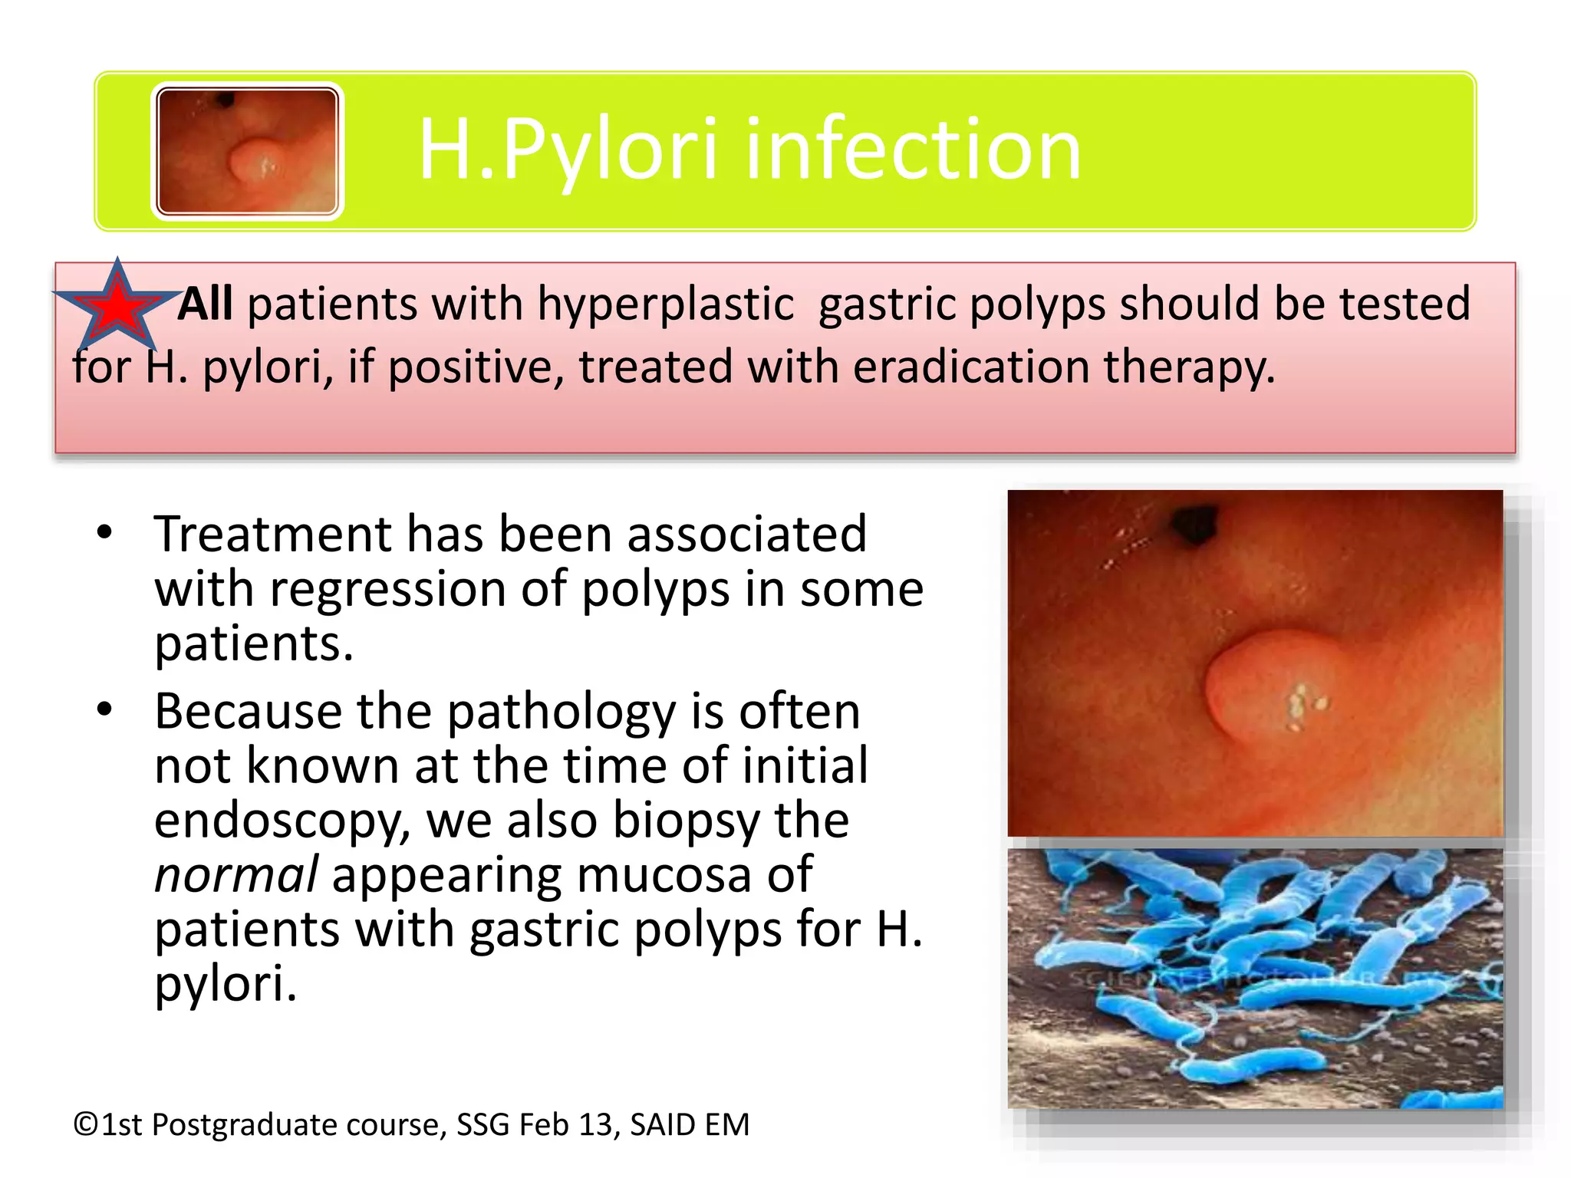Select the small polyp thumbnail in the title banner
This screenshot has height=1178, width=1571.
tap(247, 151)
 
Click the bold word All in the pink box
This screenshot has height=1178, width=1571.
tap(206, 304)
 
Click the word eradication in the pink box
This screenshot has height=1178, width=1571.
tap(970, 367)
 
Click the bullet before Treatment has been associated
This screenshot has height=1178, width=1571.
tap(105, 531)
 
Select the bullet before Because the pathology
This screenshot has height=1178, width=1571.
tap(105, 709)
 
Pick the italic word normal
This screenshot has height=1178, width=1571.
tap(235, 875)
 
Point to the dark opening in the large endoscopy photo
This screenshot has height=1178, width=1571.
tap(1194, 525)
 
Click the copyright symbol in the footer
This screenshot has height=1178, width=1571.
tap(86, 1125)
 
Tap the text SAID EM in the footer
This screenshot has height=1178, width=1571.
tap(689, 1125)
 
